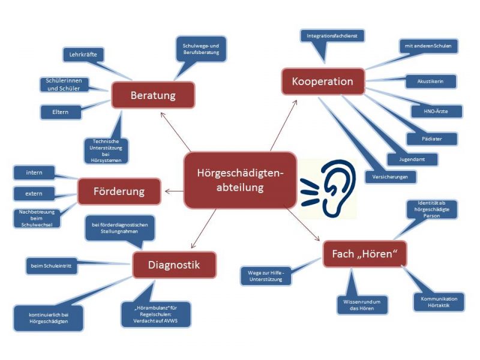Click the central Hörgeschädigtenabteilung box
(x=239, y=180)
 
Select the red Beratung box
(x=153, y=95)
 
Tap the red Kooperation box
(x=322, y=81)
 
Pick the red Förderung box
(x=119, y=192)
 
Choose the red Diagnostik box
(x=174, y=264)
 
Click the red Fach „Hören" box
(x=365, y=254)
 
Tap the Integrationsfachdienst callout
(x=332, y=37)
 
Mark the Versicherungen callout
(x=391, y=177)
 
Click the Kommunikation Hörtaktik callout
(x=439, y=301)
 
